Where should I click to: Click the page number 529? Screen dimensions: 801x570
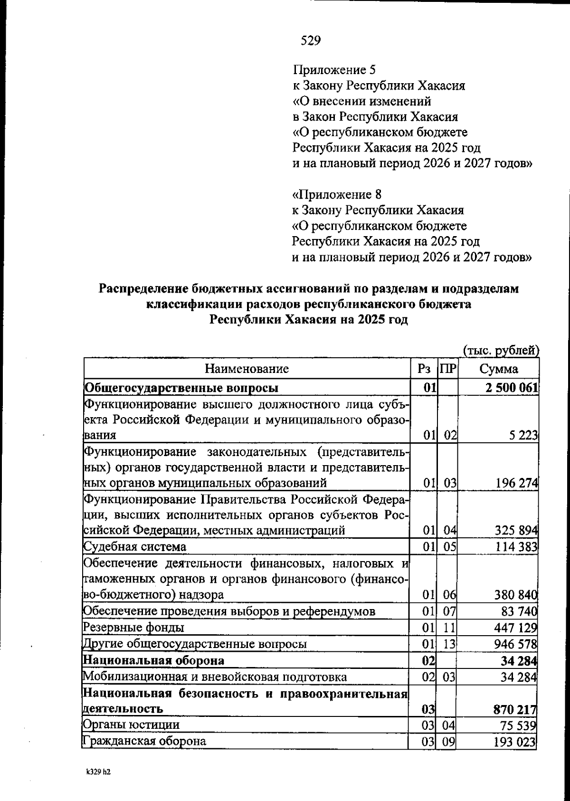[x=311, y=41]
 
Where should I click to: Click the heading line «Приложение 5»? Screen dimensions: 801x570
[x=334, y=70]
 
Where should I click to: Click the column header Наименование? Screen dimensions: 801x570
[x=247, y=369]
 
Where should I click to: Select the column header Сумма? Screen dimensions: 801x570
[x=498, y=369]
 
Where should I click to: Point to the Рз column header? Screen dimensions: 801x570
[x=424, y=369]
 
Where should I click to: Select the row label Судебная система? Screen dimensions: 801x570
[x=135, y=547]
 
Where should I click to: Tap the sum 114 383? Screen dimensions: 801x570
[x=516, y=547]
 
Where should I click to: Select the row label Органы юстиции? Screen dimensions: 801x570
[x=132, y=725]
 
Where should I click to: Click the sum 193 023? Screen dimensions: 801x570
[x=515, y=742]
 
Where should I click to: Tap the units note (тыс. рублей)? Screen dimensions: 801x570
[x=501, y=351]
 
